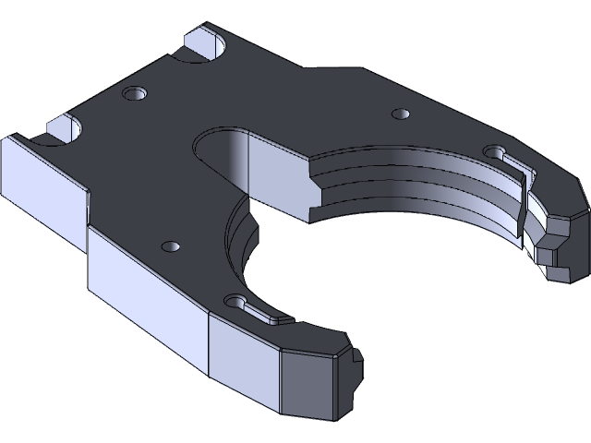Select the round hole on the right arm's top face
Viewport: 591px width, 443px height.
click(x=400, y=114)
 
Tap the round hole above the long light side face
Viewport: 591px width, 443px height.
click(x=169, y=246)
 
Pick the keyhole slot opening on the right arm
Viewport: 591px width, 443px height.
click(x=496, y=152)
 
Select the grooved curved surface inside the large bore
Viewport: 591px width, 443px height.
click(x=425, y=185)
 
